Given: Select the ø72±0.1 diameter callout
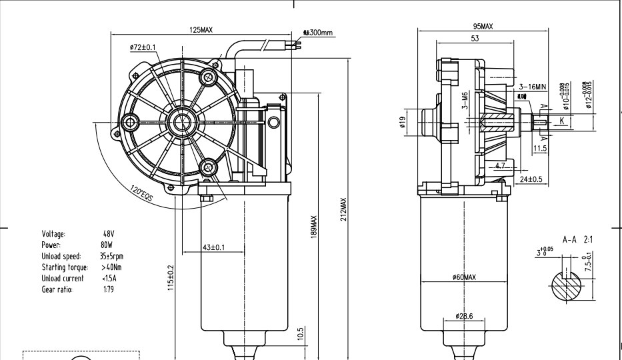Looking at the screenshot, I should pos(143,47).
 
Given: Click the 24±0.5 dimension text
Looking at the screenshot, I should pos(531,179).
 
